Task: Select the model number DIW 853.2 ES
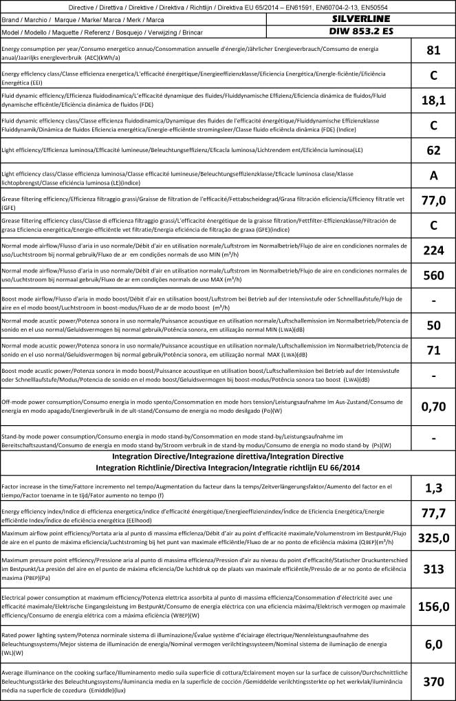360,32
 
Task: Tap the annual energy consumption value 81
433,50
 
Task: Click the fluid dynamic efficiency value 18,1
433,100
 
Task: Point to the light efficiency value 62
433,150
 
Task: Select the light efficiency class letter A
433,175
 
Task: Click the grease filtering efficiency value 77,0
433,200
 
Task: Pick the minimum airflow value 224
433,250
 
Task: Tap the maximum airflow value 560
433,276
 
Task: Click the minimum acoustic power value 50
433,325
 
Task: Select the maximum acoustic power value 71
433,351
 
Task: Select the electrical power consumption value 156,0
433,606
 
